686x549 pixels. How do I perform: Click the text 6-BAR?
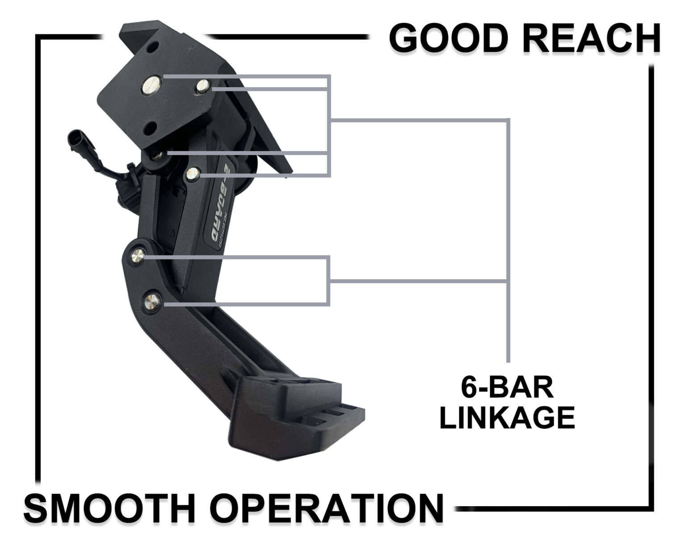(507, 387)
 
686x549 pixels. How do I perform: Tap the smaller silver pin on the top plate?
(202, 86)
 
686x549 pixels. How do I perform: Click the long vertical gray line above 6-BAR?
(508, 241)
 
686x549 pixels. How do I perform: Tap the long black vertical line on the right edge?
(652, 286)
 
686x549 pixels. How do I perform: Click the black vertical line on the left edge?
(38, 259)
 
